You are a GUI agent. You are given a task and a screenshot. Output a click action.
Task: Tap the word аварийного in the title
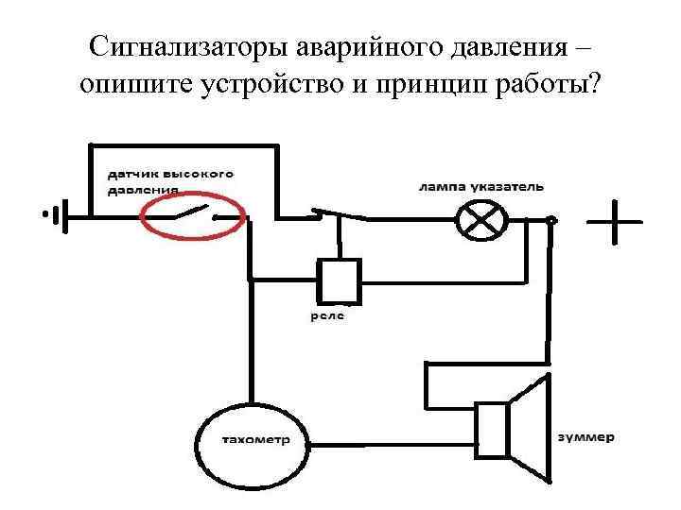(x=363, y=46)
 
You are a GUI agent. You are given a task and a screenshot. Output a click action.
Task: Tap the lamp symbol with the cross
(x=477, y=220)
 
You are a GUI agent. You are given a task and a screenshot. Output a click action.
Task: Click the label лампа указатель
(x=480, y=187)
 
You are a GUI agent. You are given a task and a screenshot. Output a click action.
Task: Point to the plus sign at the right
(x=613, y=224)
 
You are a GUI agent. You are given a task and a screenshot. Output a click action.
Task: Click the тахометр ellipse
(x=254, y=440)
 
